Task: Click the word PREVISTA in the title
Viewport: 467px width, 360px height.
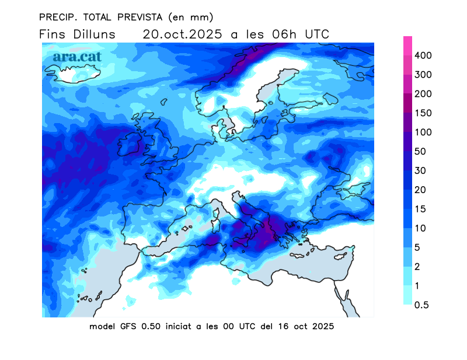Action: coord(131,16)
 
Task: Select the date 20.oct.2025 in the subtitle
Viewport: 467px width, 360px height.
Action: coord(182,34)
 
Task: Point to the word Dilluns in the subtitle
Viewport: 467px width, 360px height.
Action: coord(95,34)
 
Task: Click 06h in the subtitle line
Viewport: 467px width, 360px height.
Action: coord(284,34)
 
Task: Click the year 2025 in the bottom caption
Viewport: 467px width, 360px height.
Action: coord(322,327)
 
